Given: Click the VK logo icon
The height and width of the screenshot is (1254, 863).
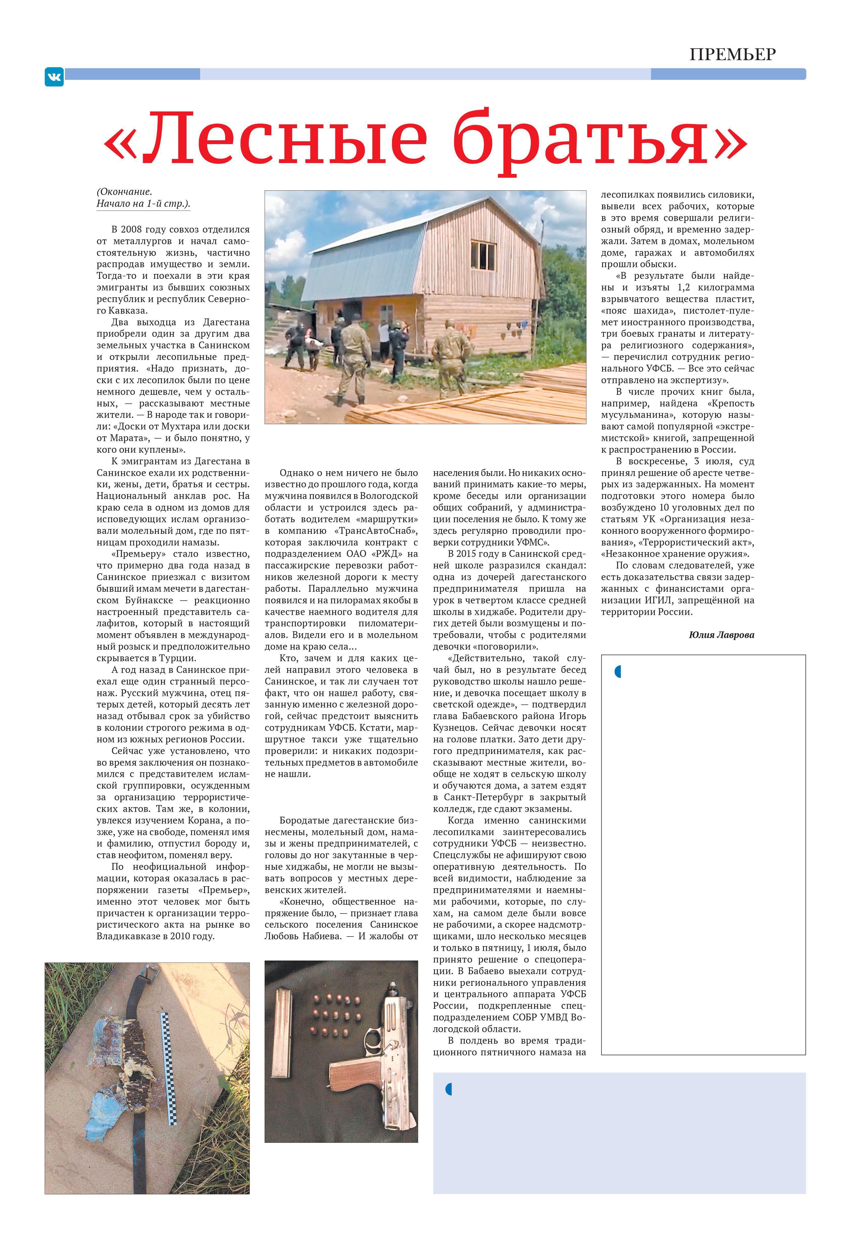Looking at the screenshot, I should coord(54,77).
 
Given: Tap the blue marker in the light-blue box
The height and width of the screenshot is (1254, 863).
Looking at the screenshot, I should coord(448,1089).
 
